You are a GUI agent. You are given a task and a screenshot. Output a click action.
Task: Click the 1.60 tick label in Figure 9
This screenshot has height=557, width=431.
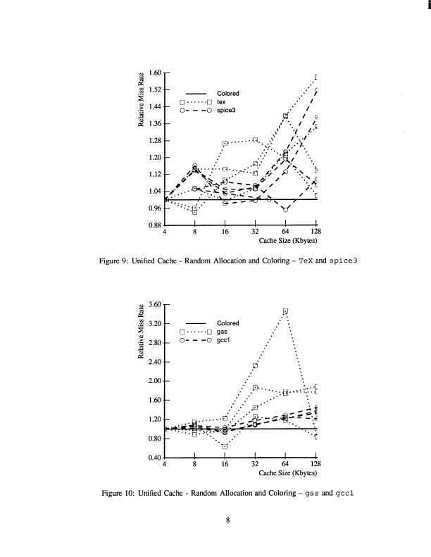click(x=154, y=73)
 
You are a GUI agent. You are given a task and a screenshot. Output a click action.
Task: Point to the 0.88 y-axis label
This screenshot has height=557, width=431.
click(x=154, y=225)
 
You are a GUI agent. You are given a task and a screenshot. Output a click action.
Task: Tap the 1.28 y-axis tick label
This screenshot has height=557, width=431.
click(x=154, y=140)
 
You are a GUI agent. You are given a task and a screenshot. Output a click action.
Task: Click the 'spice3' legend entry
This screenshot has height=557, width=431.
click(x=226, y=111)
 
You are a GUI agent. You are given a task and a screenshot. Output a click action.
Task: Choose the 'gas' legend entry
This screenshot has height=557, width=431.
click(x=222, y=331)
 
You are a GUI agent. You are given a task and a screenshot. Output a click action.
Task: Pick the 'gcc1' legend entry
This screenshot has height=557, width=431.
click(x=224, y=339)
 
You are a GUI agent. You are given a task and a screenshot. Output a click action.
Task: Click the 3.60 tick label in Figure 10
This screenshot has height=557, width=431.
click(x=154, y=304)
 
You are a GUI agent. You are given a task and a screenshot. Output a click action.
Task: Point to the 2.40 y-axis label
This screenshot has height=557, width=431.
click(x=154, y=362)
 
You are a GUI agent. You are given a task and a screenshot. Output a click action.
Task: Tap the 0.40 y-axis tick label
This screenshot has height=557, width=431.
click(x=154, y=458)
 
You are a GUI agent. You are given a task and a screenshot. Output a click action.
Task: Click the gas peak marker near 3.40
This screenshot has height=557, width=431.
click(x=285, y=311)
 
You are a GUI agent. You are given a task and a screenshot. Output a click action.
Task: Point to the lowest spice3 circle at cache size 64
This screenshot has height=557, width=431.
click(x=285, y=209)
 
